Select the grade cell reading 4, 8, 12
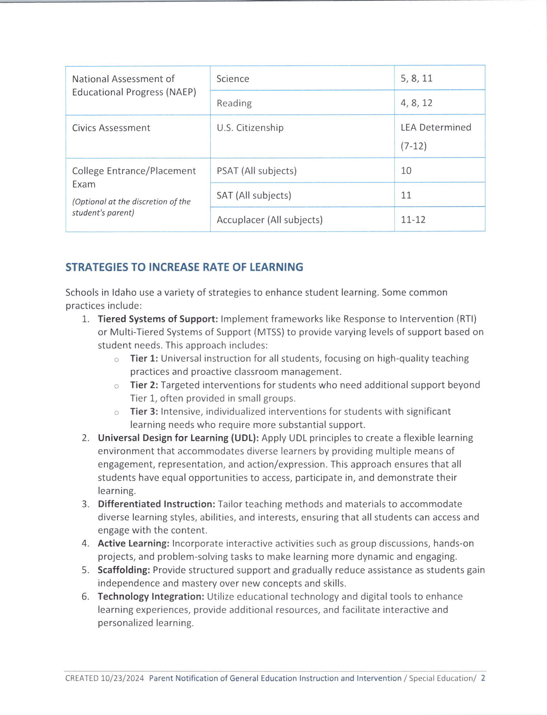416,103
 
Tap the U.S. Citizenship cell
250,128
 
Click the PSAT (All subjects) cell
256,171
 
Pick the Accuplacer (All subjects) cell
269,220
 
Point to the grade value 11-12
413,220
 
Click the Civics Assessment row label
111,128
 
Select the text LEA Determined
436,127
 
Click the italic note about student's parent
131,207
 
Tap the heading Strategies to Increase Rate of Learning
184,267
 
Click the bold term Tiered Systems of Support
158,319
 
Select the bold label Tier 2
144,385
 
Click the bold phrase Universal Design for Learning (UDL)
178,438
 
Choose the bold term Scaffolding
124,570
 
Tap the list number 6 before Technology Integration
85,597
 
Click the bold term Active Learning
133,543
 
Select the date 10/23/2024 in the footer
122,678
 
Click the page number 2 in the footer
483,678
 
